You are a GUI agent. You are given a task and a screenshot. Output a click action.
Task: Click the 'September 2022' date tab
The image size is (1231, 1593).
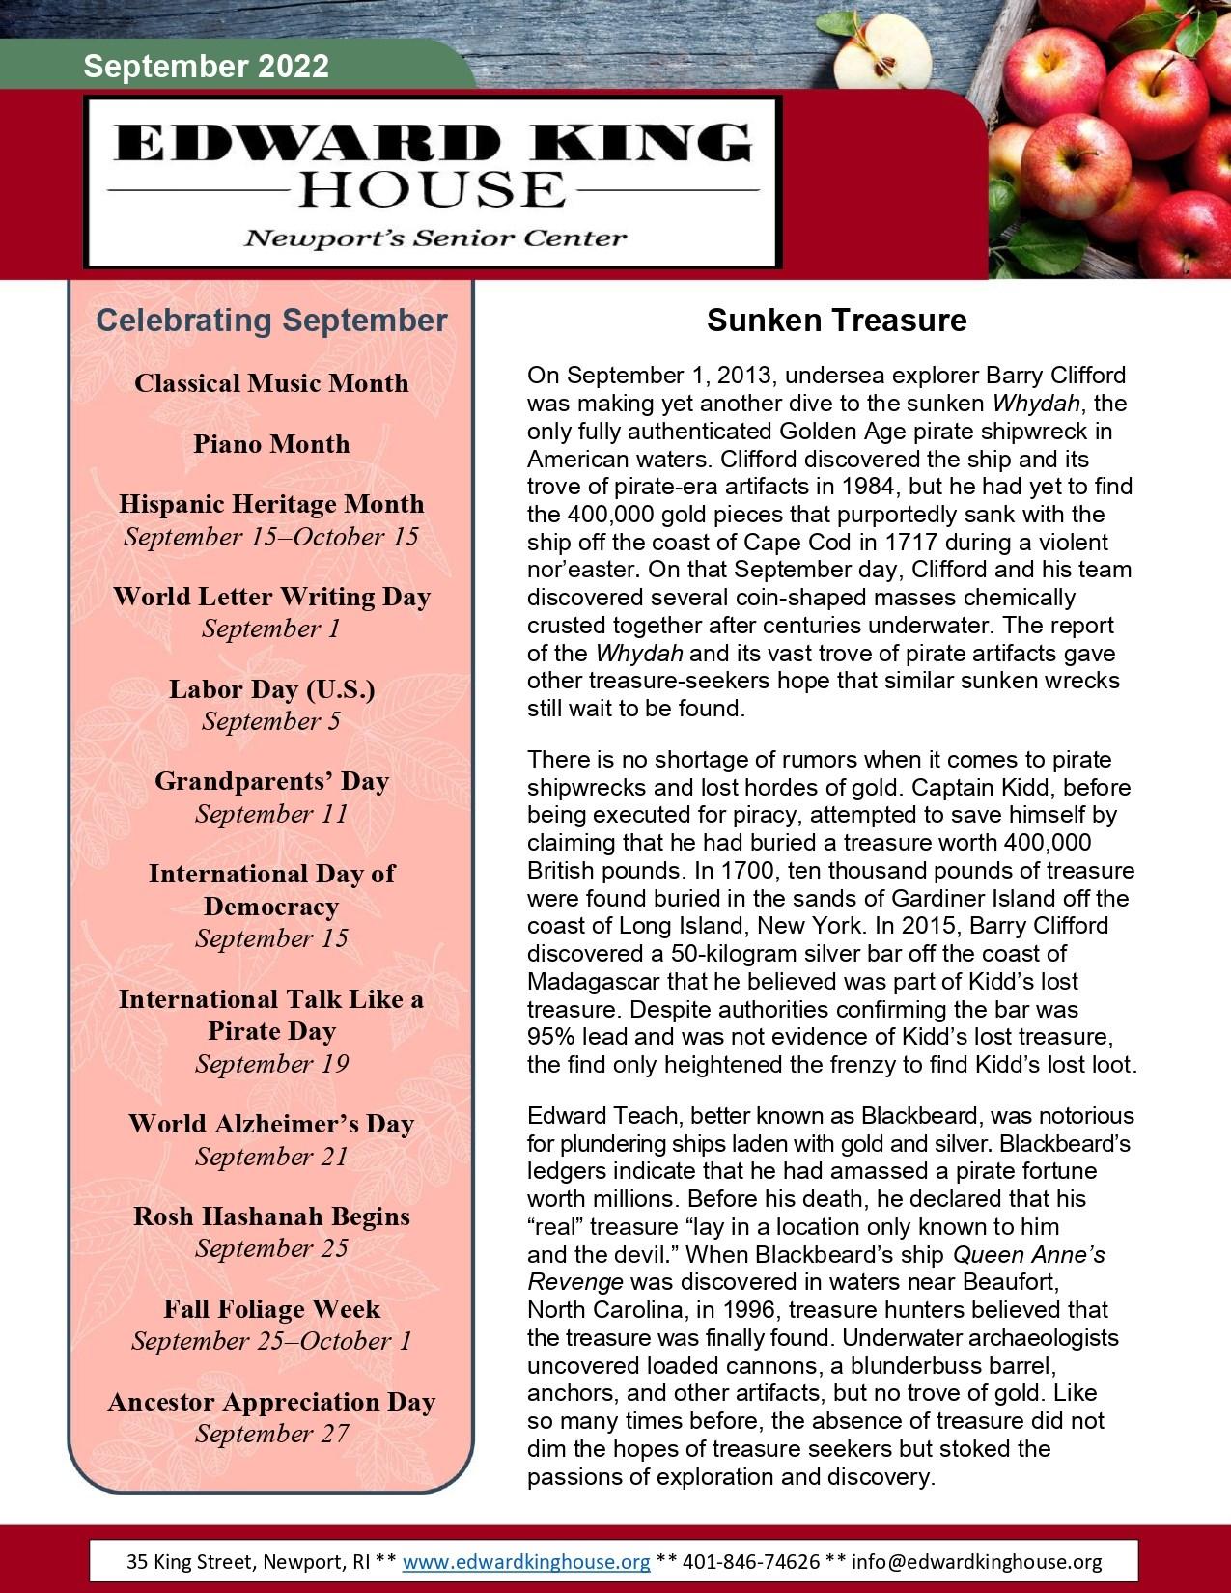point(206,67)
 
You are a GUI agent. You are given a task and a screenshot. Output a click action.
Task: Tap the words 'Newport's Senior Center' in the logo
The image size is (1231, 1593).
point(435,238)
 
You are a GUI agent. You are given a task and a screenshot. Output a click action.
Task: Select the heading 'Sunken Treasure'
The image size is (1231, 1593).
point(836,321)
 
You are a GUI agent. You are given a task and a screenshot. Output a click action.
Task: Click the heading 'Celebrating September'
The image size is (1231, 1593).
point(271,321)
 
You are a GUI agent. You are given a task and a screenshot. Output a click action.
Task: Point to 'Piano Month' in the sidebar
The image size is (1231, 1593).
point(271,444)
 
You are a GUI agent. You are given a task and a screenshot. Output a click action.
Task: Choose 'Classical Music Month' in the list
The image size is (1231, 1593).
point(271,383)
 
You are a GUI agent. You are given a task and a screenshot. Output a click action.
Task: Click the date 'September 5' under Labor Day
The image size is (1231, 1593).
point(271,721)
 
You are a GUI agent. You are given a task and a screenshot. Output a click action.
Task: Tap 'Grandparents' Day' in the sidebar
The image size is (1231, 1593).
point(271,781)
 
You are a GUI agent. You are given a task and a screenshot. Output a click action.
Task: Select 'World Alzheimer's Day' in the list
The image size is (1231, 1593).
point(271,1124)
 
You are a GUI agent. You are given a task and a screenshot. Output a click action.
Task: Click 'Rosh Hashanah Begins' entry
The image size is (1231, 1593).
point(271,1216)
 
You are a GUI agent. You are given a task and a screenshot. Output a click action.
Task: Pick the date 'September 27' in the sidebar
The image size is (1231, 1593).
point(271,1434)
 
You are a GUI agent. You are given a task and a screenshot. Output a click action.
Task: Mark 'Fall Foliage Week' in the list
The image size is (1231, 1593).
point(271,1309)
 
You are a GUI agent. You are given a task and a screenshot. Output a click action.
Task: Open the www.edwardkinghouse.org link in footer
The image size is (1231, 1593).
point(526,1562)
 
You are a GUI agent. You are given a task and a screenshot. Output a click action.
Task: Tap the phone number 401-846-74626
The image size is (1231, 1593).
point(751,1562)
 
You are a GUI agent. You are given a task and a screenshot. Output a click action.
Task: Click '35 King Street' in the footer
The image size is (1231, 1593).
point(183,1562)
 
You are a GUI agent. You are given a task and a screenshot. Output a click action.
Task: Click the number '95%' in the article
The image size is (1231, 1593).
point(550,1037)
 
